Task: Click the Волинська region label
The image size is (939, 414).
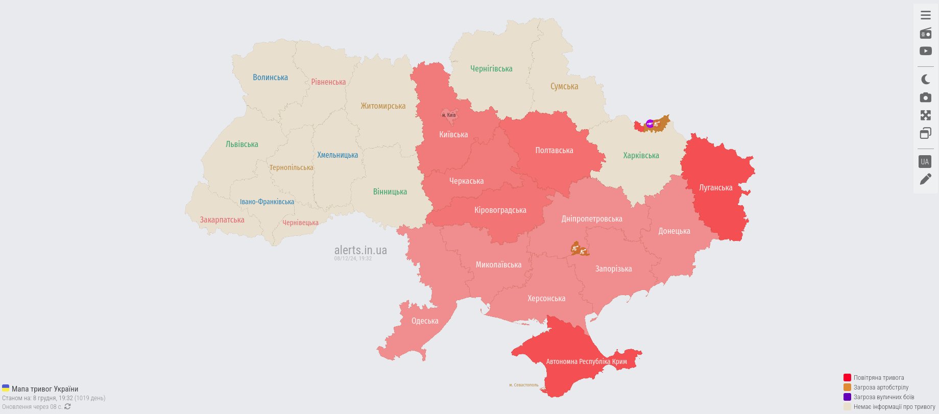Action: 270,78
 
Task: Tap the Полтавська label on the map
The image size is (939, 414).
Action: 554,151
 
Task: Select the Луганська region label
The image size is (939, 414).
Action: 715,188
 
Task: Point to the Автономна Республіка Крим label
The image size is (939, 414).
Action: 586,361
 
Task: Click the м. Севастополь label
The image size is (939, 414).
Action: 523,385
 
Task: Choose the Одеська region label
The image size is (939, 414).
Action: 425,321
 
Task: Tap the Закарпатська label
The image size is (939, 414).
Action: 222,220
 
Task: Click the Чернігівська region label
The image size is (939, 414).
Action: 491,69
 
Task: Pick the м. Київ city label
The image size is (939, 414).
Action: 449,115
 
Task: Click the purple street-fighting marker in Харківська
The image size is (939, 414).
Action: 649,123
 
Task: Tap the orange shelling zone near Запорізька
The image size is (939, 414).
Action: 579,250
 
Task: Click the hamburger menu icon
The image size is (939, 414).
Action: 925,15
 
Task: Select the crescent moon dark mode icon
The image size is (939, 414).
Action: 925,79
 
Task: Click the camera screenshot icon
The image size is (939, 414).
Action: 925,98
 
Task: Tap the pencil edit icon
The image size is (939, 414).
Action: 925,179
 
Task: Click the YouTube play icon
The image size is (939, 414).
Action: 925,51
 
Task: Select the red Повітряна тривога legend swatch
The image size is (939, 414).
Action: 847,378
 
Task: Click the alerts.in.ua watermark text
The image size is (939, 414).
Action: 360,250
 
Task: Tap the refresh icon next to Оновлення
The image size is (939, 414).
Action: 67,407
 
